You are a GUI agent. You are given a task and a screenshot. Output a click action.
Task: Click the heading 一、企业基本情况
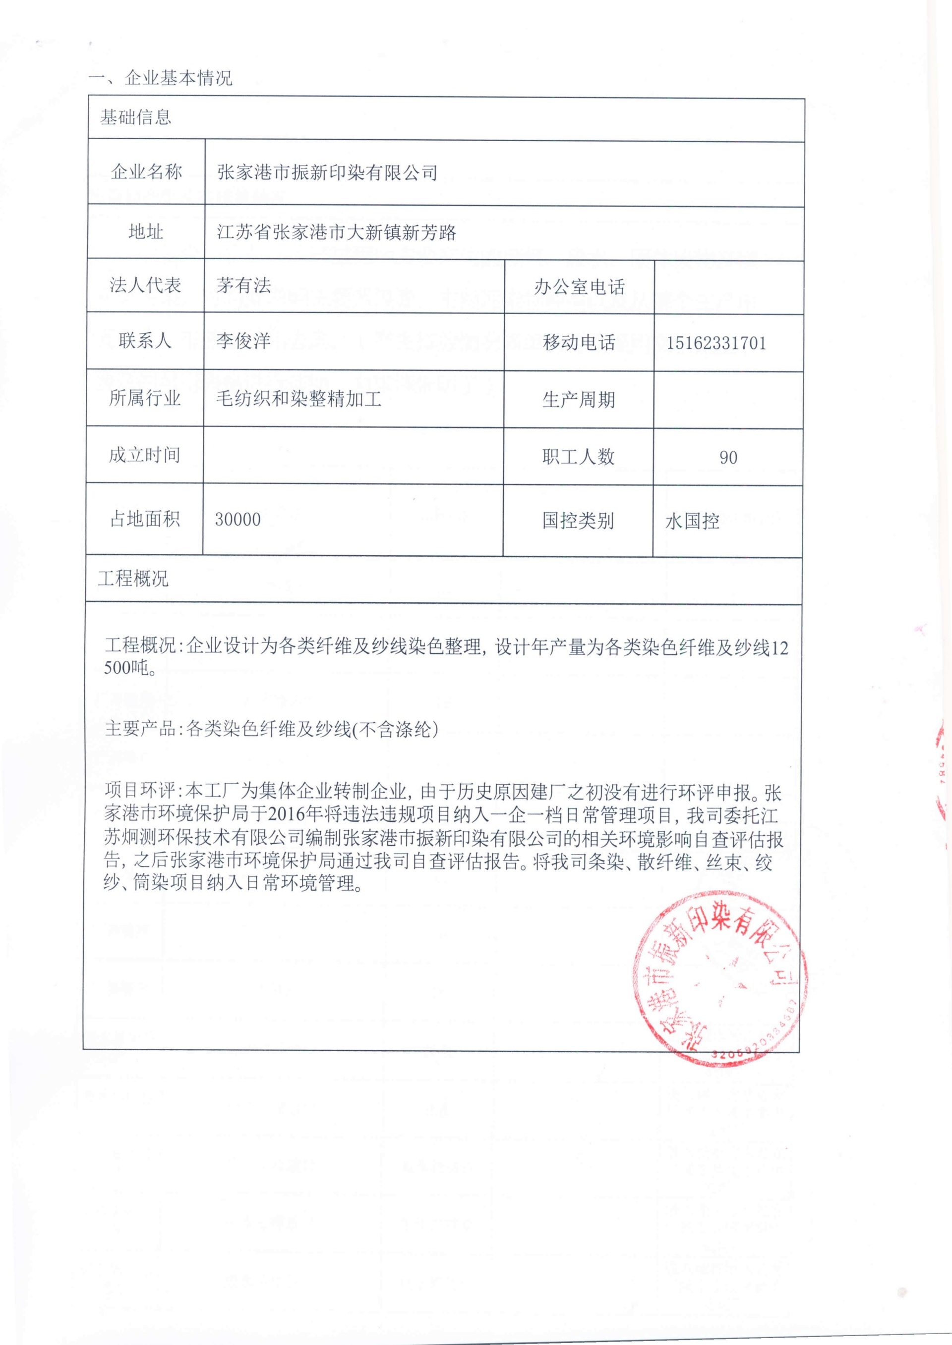[160, 78]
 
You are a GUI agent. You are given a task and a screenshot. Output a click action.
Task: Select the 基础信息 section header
[135, 118]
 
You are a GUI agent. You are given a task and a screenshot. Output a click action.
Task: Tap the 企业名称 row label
[146, 172]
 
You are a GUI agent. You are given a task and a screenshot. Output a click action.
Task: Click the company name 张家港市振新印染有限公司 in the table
[327, 173]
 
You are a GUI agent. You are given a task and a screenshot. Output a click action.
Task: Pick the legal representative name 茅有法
[243, 285]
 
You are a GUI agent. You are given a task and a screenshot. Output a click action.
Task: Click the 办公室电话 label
[579, 286]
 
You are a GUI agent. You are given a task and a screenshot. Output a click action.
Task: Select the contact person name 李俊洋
[243, 341]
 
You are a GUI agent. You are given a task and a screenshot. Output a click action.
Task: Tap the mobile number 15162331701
[716, 343]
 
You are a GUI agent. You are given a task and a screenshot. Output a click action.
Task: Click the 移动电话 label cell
[579, 343]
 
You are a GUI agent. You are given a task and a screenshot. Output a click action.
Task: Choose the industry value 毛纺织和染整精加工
[299, 399]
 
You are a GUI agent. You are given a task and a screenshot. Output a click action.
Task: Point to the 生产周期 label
[579, 400]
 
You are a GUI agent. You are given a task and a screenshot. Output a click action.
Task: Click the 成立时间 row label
[144, 455]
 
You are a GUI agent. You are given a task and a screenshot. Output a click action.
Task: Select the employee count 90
[728, 458]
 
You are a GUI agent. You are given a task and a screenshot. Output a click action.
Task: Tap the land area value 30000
[238, 520]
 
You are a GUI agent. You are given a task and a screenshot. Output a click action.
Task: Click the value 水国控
[692, 521]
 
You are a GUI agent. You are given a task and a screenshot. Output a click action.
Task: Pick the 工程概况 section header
[133, 579]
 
